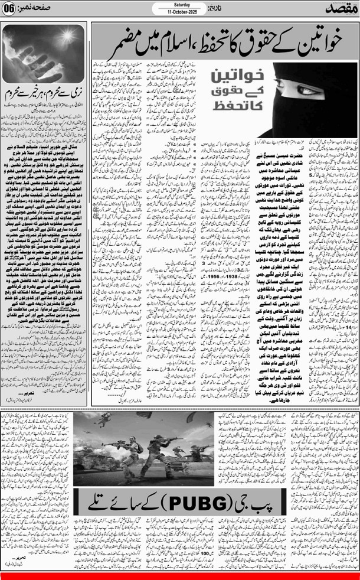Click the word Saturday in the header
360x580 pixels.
174,5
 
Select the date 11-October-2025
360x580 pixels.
174,12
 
